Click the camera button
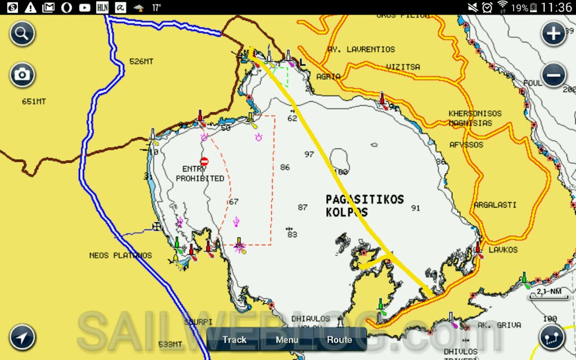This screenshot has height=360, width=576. (x=22, y=75)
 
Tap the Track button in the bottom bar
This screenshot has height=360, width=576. (x=235, y=340)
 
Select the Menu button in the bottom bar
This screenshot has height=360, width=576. (x=287, y=340)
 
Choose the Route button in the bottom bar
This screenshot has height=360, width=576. (x=340, y=340)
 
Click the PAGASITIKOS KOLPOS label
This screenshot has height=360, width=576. (x=364, y=205)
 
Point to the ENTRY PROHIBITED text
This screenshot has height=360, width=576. (x=200, y=174)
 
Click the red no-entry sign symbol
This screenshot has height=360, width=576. (x=204, y=161)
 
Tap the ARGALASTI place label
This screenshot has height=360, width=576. (x=495, y=205)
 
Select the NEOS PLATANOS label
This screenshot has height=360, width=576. (x=120, y=255)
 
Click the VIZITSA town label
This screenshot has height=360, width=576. (x=403, y=67)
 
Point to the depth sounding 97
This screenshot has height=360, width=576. (x=309, y=154)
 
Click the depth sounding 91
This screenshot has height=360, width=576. (x=416, y=208)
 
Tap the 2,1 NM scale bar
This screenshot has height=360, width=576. (x=548, y=292)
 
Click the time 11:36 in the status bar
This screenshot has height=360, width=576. (x=556, y=7)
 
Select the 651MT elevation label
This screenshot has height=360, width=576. (x=34, y=102)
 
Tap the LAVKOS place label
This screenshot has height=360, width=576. (x=503, y=250)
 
